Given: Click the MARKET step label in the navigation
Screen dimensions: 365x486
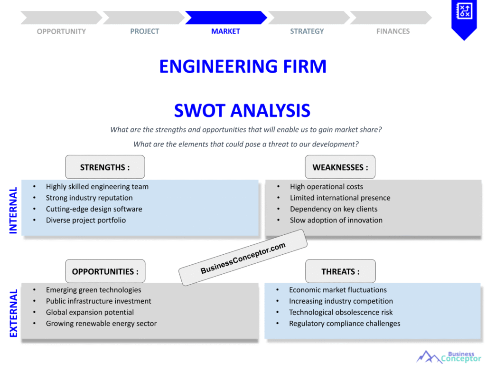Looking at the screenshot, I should (225, 31).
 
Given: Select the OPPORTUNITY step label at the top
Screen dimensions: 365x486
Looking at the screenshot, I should (61, 31).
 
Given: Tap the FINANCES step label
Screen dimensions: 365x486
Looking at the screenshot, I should (393, 31).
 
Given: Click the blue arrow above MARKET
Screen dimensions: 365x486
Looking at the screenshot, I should (225, 18).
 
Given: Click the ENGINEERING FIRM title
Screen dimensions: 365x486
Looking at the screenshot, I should (243, 67).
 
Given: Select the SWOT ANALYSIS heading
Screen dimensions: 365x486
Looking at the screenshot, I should (242, 111).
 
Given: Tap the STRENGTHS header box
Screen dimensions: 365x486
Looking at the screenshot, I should (105, 167).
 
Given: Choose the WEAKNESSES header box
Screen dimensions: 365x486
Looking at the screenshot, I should (340, 167).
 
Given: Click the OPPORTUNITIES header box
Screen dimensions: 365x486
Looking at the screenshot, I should (105, 271).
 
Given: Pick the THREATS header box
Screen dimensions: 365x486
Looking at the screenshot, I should (340, 271).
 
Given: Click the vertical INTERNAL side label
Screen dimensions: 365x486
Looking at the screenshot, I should (13, 210).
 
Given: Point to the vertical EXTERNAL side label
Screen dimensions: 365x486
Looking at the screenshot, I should (13, 313).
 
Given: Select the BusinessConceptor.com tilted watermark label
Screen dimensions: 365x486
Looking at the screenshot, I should (243, 258).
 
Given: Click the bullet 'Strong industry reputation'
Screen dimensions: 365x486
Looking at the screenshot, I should (89, 198).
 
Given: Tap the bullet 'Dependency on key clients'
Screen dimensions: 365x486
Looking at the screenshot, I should (334, 209).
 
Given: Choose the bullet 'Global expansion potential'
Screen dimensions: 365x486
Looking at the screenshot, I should (90, 312).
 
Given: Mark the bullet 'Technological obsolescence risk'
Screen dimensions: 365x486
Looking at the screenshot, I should (341, 312).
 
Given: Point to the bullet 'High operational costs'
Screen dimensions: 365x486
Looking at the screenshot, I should (327, 187).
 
